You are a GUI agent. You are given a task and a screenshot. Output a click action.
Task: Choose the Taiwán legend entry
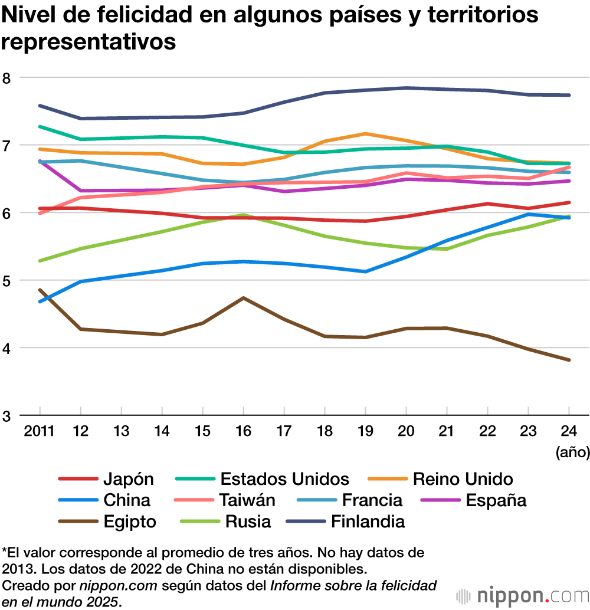pyautogui.click(x=247, y=500)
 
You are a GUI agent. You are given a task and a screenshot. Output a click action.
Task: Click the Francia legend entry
pyautogui.click(x=372, y=500)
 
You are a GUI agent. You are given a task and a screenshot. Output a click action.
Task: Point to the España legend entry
pyautogui.click(x=496, y=500)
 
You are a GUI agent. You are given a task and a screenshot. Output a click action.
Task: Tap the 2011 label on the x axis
pyautogui.click(x=39, y=431)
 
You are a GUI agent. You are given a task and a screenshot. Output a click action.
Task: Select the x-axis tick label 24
pyautogui.click(x=568, y=431)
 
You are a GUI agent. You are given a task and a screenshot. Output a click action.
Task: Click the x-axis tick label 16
pyautogui.click(x=243, y=431)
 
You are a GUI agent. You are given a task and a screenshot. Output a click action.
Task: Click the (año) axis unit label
pyautogui.click(x=572, y=452)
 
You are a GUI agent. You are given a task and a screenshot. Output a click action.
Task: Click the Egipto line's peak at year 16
pyautogui.click(x=243, y=298)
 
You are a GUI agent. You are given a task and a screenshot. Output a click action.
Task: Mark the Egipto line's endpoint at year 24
pyautogui.click(x=568, y=360)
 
